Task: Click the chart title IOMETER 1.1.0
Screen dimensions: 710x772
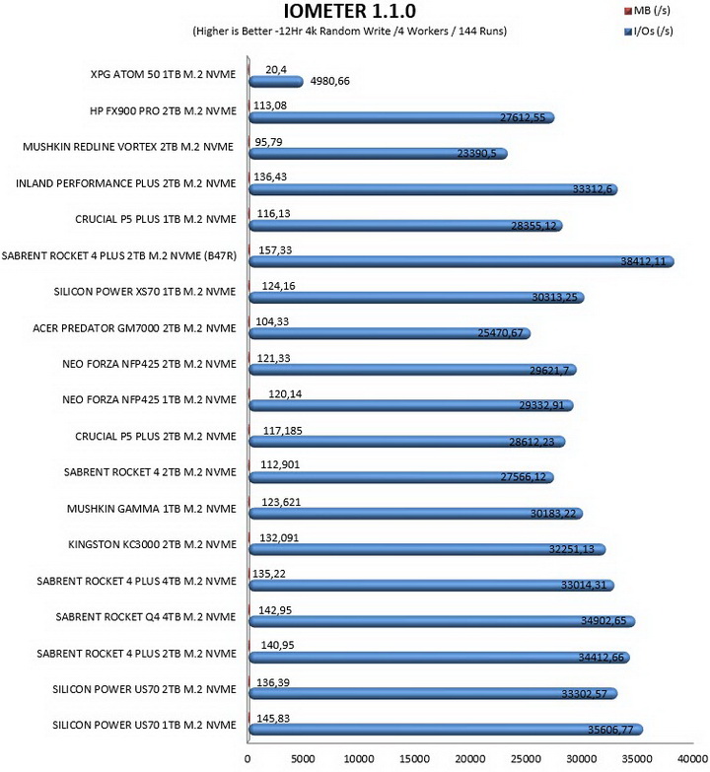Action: tap(349, 11)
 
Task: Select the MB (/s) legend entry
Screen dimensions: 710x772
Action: tap(647, 10)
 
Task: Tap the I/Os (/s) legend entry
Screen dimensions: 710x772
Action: tap(648, 31)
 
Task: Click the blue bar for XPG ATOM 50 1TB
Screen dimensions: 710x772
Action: tap(276, 82)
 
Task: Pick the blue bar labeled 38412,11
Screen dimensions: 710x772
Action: tap(461, 261)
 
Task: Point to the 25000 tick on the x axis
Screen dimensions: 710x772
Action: tap(526, 759)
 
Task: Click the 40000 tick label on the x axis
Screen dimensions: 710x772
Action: tap(692, 759)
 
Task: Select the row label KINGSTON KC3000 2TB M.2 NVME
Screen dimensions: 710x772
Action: tap(152, 544)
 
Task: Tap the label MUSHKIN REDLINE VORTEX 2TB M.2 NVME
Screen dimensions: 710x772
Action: tap(128, 147)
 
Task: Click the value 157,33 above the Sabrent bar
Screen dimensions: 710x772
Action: tap(275, 250)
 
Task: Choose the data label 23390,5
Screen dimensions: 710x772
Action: tap(476, 153)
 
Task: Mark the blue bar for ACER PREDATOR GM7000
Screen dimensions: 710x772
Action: tap(390, 334)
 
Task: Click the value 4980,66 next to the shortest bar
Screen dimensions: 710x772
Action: tap(330, 81)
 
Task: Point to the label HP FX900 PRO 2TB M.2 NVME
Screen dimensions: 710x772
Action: tap(163, 110)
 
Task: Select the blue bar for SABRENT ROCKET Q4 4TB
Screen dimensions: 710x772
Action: tap(442, 621)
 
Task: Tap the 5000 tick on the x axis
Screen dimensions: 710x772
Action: tap(303, 759)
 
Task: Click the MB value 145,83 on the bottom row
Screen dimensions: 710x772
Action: tap(273, 719)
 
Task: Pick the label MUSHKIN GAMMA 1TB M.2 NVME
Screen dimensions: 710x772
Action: tap(152, 509)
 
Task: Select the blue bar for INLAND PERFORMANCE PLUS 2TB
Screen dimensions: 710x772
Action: tap(433, 189)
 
